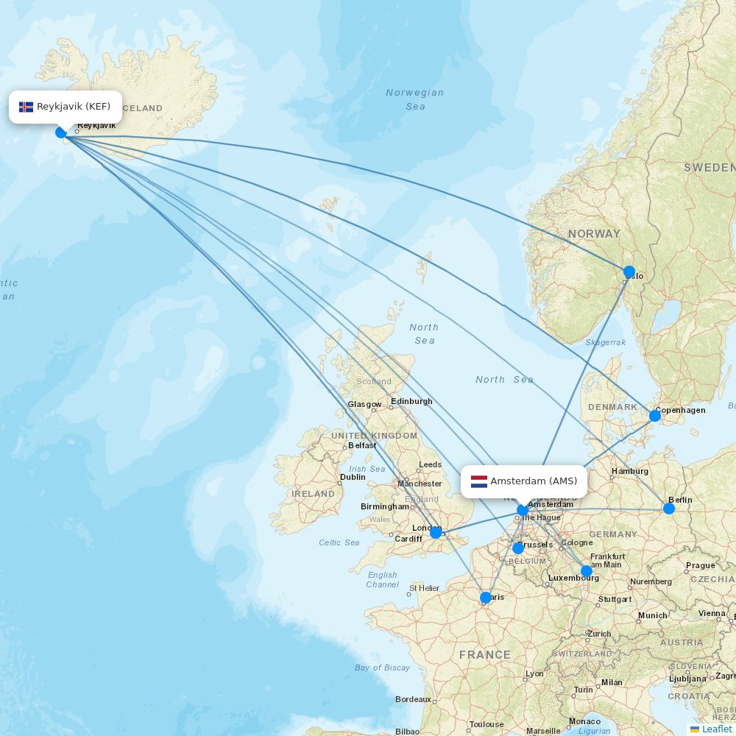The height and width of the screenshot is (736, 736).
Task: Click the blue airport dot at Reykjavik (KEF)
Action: (x=61, y=132)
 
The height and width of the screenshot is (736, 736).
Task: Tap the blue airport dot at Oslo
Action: (x=629, y=272)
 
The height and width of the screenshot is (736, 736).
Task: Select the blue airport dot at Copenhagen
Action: (x=655, y=416)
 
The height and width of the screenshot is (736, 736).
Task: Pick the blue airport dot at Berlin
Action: (x=669, y=508)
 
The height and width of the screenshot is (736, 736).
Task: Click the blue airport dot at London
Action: (x=436, y=532)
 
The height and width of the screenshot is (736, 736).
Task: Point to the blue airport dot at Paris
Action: (x=486, y=598)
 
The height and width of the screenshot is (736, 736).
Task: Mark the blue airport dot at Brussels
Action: (x=518, y=548)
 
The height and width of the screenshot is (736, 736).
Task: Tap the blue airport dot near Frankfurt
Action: (x=587, y=570)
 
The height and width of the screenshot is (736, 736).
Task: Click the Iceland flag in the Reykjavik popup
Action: (x=26, y=107)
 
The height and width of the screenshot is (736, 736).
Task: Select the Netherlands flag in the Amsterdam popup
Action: (x=479, y=481)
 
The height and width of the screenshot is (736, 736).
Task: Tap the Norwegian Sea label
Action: (x=415, y=99)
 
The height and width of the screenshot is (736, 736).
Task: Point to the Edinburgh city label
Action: (x=411, y=401)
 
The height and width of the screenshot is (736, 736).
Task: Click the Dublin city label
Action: (x=353, y=477)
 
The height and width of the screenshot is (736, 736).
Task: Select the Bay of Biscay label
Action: (x=382, y=668)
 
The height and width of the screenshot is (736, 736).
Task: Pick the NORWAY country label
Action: (x=594, y=233)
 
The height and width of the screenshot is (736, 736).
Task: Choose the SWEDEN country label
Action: (x=710, y=168)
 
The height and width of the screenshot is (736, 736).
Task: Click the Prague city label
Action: (x=700, y=565)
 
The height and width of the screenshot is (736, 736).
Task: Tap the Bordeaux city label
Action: (x=413, y=699)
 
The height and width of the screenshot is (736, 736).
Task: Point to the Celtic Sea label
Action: (x=339, y=542)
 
